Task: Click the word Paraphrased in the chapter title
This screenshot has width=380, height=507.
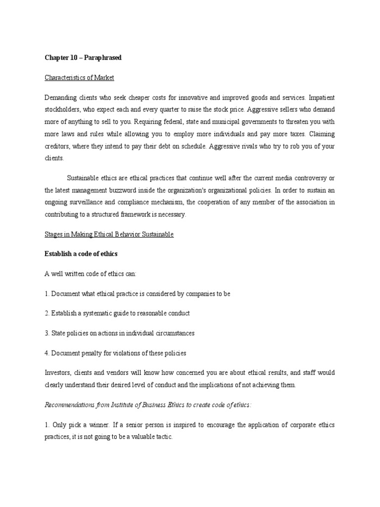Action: point(103,58)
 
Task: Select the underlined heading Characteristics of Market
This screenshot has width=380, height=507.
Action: point(79,78)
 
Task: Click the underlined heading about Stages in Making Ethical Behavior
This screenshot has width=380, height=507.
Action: point(109,234)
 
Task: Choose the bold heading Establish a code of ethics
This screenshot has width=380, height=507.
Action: point(81,254)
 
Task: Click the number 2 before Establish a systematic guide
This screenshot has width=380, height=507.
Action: point(47,313)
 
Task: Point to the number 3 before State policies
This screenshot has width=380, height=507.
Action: point(47,333)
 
